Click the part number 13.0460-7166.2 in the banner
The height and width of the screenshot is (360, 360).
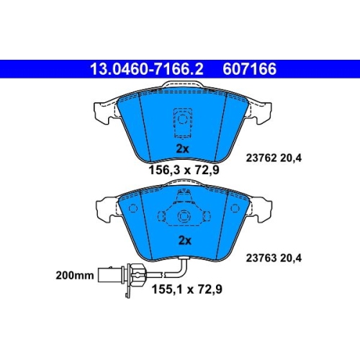[147, 69]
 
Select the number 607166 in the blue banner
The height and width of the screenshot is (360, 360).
[250, 69]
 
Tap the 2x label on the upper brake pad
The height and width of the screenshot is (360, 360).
[182, 149]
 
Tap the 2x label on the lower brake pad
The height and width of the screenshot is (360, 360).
[185, 240]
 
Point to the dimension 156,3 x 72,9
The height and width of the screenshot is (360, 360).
[184, 170]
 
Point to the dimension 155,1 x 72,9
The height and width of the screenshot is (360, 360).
[186, 289]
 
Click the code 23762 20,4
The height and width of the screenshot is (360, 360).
[274, 158]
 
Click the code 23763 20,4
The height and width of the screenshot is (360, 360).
[274, 258]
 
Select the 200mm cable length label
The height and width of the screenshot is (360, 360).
[75, 275]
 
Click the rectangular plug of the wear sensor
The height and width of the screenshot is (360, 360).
[111, 275]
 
